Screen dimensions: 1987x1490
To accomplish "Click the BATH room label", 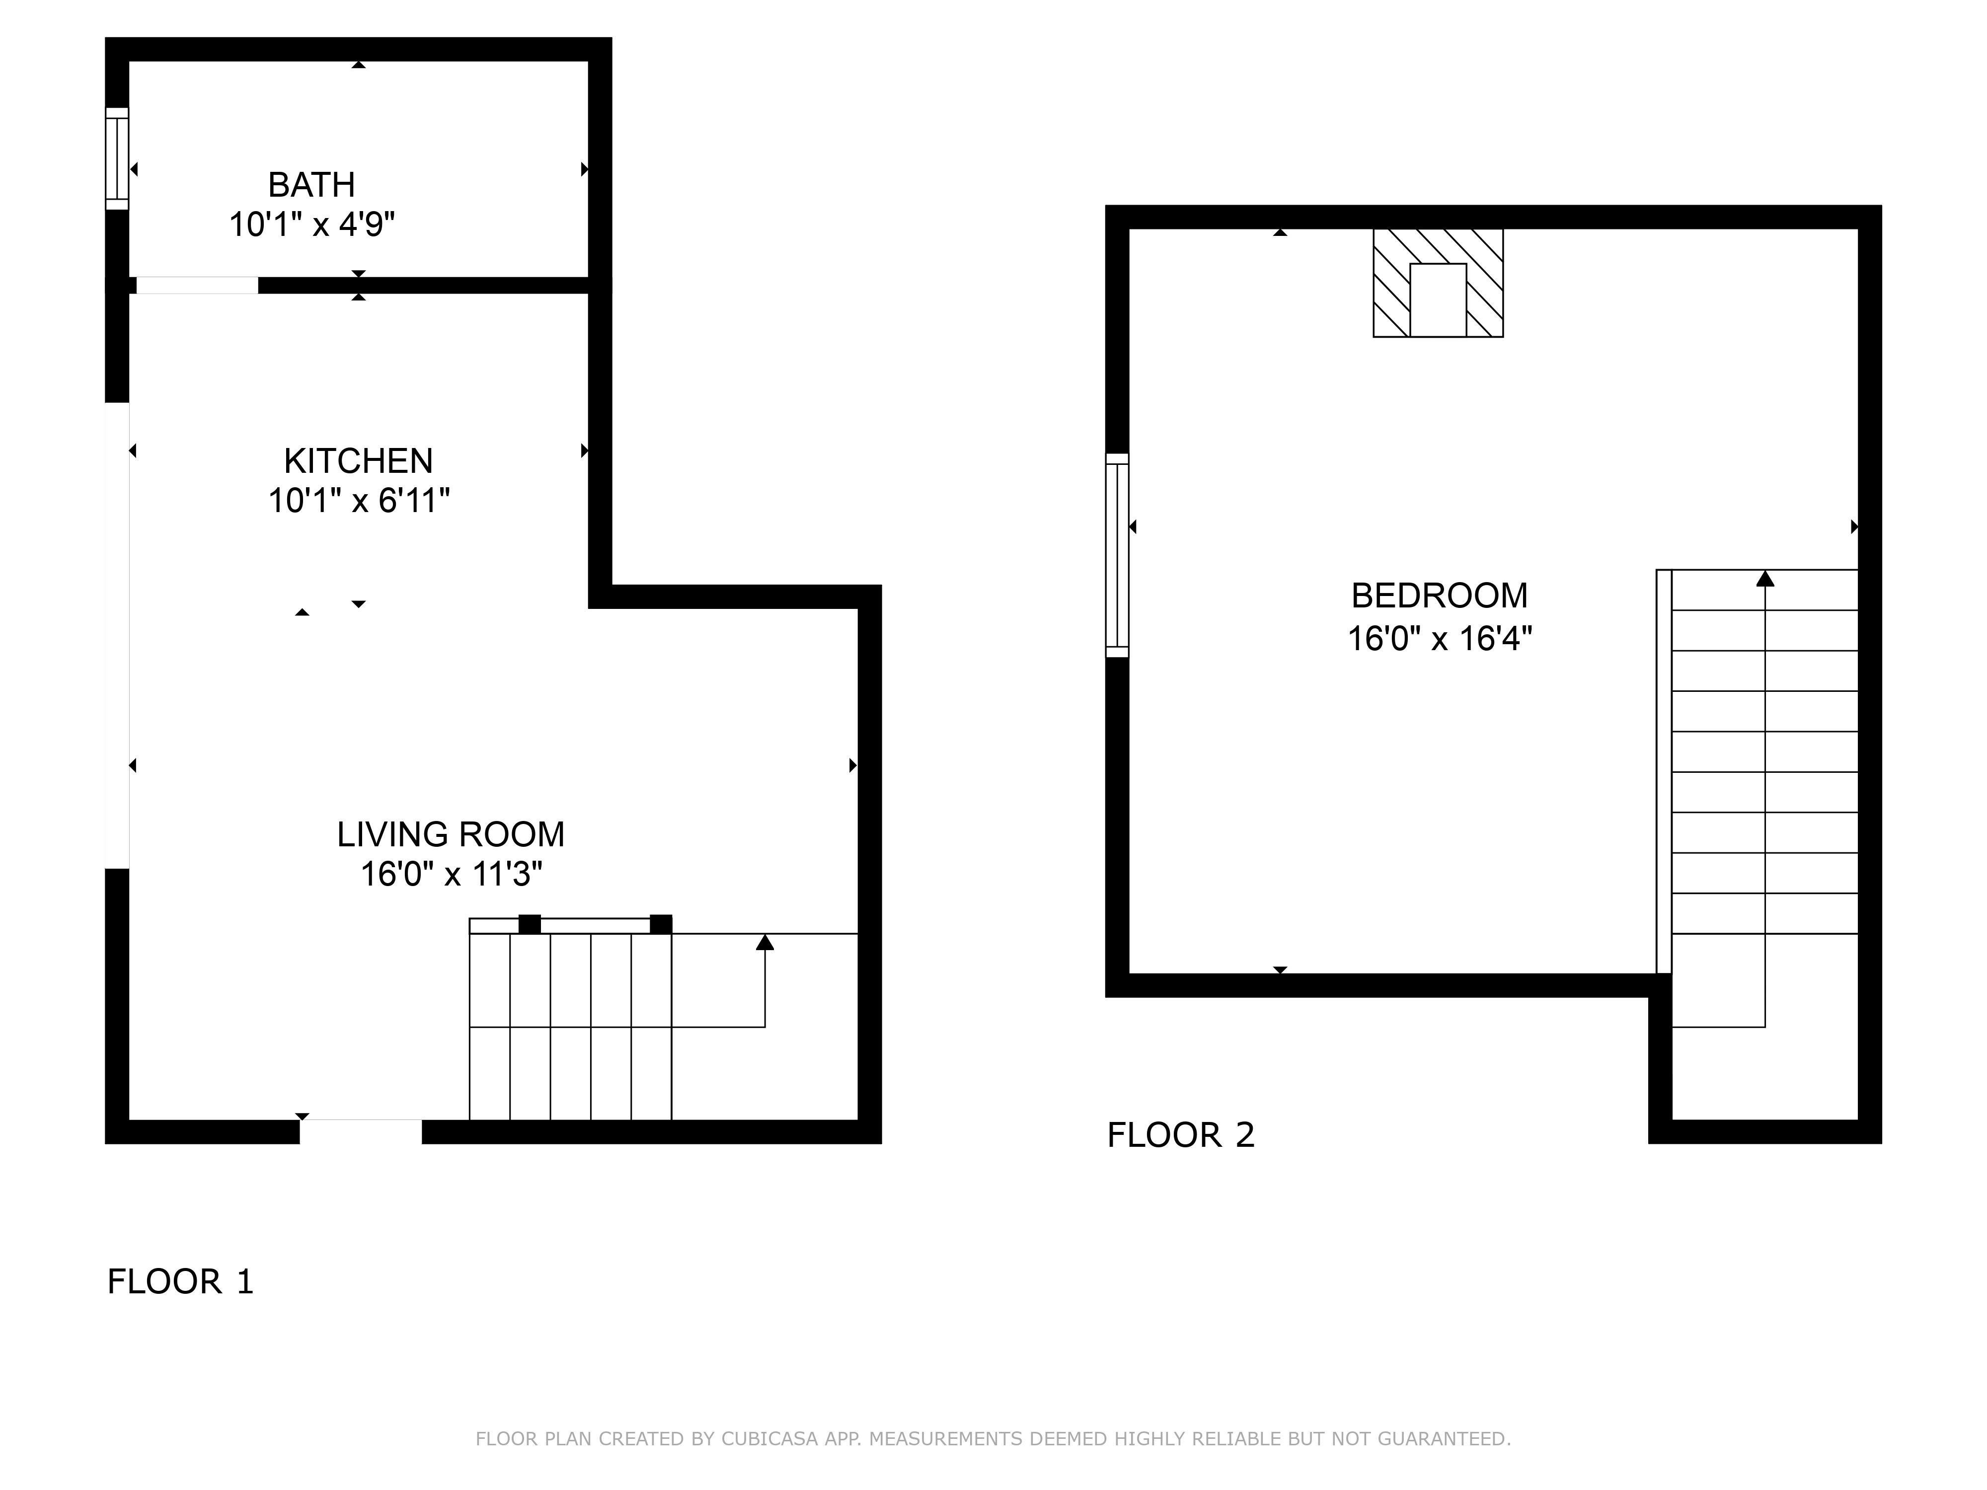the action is pos(311,185).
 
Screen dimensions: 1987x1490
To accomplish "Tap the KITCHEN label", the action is pos(359,461).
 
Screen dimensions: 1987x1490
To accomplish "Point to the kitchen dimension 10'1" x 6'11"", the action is pos(359,500).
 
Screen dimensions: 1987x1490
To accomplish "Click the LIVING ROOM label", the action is pos(451,834).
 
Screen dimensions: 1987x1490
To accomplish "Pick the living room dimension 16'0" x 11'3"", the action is pos(451,874).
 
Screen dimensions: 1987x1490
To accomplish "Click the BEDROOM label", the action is pos(1439,596).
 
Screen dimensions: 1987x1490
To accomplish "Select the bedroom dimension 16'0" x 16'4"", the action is pos(1439,639).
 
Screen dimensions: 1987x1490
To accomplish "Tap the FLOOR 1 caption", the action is pos(180,1281).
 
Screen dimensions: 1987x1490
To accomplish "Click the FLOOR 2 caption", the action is pos(1180,1135).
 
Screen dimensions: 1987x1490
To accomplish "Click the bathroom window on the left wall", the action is pos(117,159).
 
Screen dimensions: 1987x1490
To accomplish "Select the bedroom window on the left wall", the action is pos(1117,555).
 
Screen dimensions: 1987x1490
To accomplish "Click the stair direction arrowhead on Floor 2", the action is pos(1765,579).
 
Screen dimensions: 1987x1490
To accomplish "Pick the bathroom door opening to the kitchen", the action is pos(197,286).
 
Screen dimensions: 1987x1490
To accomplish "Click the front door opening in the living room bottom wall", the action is pos(360,1131).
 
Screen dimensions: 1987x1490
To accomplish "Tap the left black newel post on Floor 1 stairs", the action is pos(530,924).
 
